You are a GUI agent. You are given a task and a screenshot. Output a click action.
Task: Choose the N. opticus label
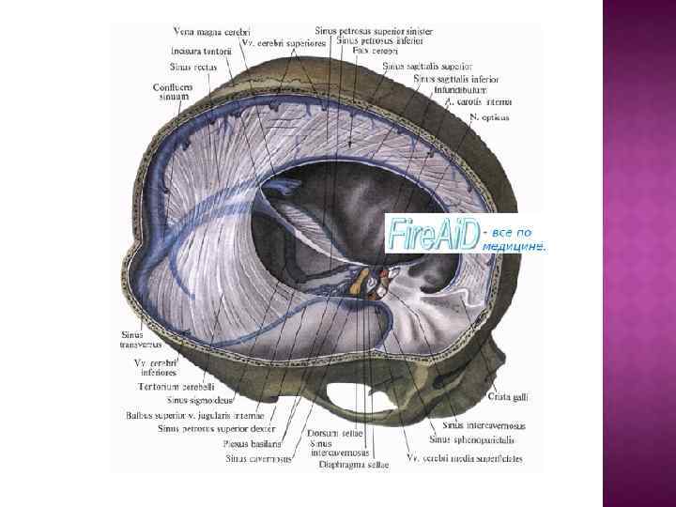[x=489, y=117]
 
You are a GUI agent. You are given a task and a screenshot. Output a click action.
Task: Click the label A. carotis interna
[x=479, y=101]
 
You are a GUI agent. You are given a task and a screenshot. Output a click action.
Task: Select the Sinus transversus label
[x=142, y=339]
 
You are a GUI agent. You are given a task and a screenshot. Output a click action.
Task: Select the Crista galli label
[x=510, y=397]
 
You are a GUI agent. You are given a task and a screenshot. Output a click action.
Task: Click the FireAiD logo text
[x=432, y=235]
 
